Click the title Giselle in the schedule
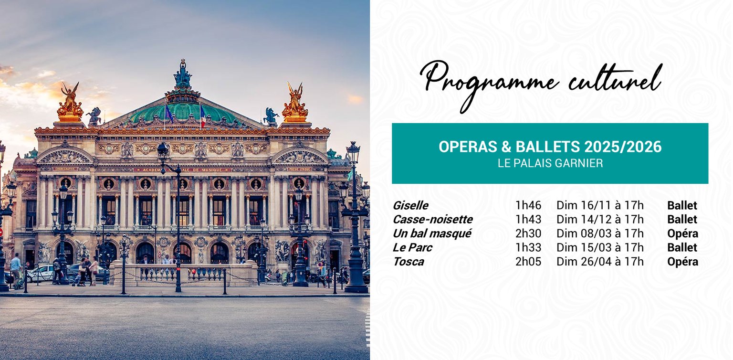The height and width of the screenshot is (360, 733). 410,205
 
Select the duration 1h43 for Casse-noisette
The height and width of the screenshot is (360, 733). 528,219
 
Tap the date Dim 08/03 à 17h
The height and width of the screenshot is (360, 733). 600,233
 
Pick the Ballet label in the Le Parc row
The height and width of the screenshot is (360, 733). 682,247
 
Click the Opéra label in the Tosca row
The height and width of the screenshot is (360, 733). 682,262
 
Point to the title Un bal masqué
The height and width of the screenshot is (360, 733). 432,233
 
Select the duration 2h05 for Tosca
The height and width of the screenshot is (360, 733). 528,262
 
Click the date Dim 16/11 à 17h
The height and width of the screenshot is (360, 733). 600,205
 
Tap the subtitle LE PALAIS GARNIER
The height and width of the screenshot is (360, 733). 550,163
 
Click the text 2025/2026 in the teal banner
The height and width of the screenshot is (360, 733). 623,147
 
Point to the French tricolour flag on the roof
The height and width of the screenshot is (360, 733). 202,117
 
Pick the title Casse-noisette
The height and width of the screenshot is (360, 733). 433,219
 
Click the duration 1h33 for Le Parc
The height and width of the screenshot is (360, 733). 528,247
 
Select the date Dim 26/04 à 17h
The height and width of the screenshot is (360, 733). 600,262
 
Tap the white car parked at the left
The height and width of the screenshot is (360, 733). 40,274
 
